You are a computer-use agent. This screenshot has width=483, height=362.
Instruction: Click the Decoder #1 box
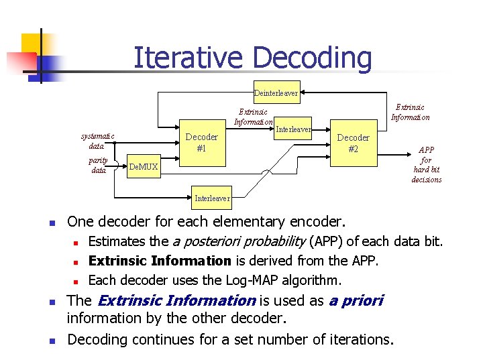(201, 143)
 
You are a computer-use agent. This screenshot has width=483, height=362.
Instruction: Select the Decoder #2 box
(353, 143)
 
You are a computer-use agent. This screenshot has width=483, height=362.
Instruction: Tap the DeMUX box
(143, 166)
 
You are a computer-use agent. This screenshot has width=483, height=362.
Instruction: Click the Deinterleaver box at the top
(276, 93)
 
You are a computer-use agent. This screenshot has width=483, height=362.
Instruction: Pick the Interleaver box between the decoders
(293, 129)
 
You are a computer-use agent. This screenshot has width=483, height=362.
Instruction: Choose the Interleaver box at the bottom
(212, 198)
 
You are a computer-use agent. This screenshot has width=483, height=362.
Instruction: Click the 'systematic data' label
(97, 141)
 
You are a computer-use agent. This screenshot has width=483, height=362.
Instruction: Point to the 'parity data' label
(98, 165)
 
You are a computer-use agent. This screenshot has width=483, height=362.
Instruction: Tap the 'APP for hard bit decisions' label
(427, 165)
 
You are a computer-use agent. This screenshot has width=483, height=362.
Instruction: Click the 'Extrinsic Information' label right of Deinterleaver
(410, 112)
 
